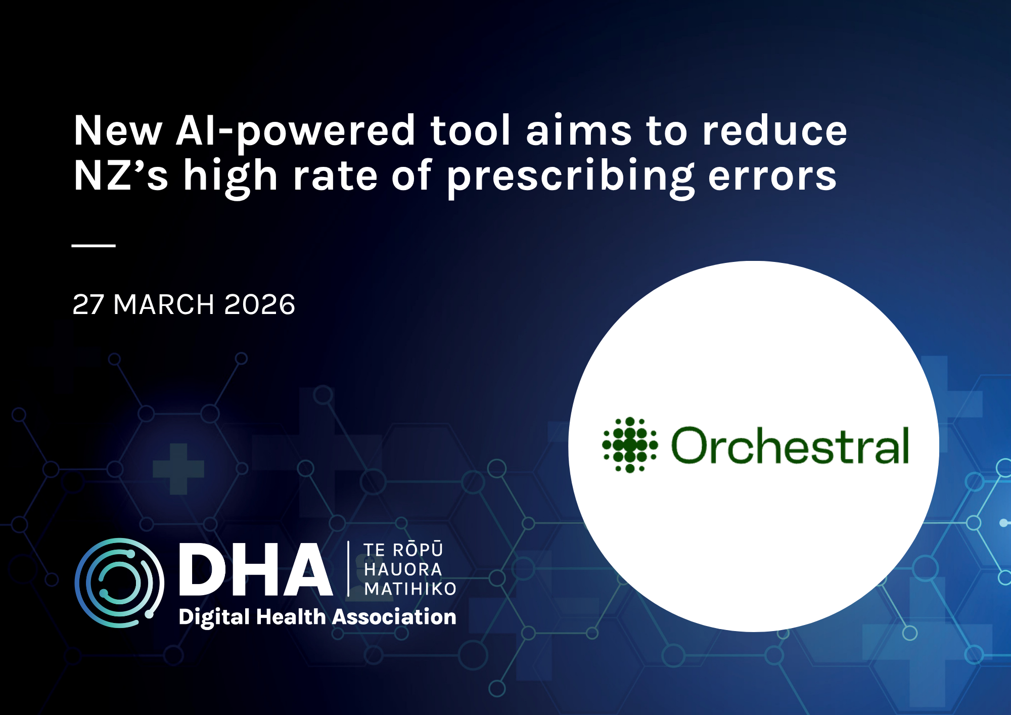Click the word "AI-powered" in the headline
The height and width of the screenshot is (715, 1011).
[295, 132]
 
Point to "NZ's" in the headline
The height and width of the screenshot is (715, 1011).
[120, 175]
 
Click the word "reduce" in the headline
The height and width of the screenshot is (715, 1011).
[774, 130]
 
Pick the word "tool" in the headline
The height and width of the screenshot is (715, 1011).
[470, 130]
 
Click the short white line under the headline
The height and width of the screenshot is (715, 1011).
[94, 246]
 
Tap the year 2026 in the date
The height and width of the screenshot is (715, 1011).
[259, 304]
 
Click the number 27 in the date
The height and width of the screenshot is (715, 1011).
[88, 304]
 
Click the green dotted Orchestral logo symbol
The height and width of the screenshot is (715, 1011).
[630, 445]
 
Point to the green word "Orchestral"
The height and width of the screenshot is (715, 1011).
[790, 445]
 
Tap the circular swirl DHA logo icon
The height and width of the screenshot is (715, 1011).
[119, 583]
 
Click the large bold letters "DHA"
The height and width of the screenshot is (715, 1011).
[256, 569]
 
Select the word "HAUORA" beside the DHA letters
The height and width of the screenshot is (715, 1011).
[403, 569]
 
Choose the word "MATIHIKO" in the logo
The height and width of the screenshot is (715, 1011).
[410, 589]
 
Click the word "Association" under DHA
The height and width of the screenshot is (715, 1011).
[394, 617]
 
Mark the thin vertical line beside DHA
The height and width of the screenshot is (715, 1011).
[348, 569]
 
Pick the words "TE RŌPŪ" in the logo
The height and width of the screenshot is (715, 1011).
[403, 549]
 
